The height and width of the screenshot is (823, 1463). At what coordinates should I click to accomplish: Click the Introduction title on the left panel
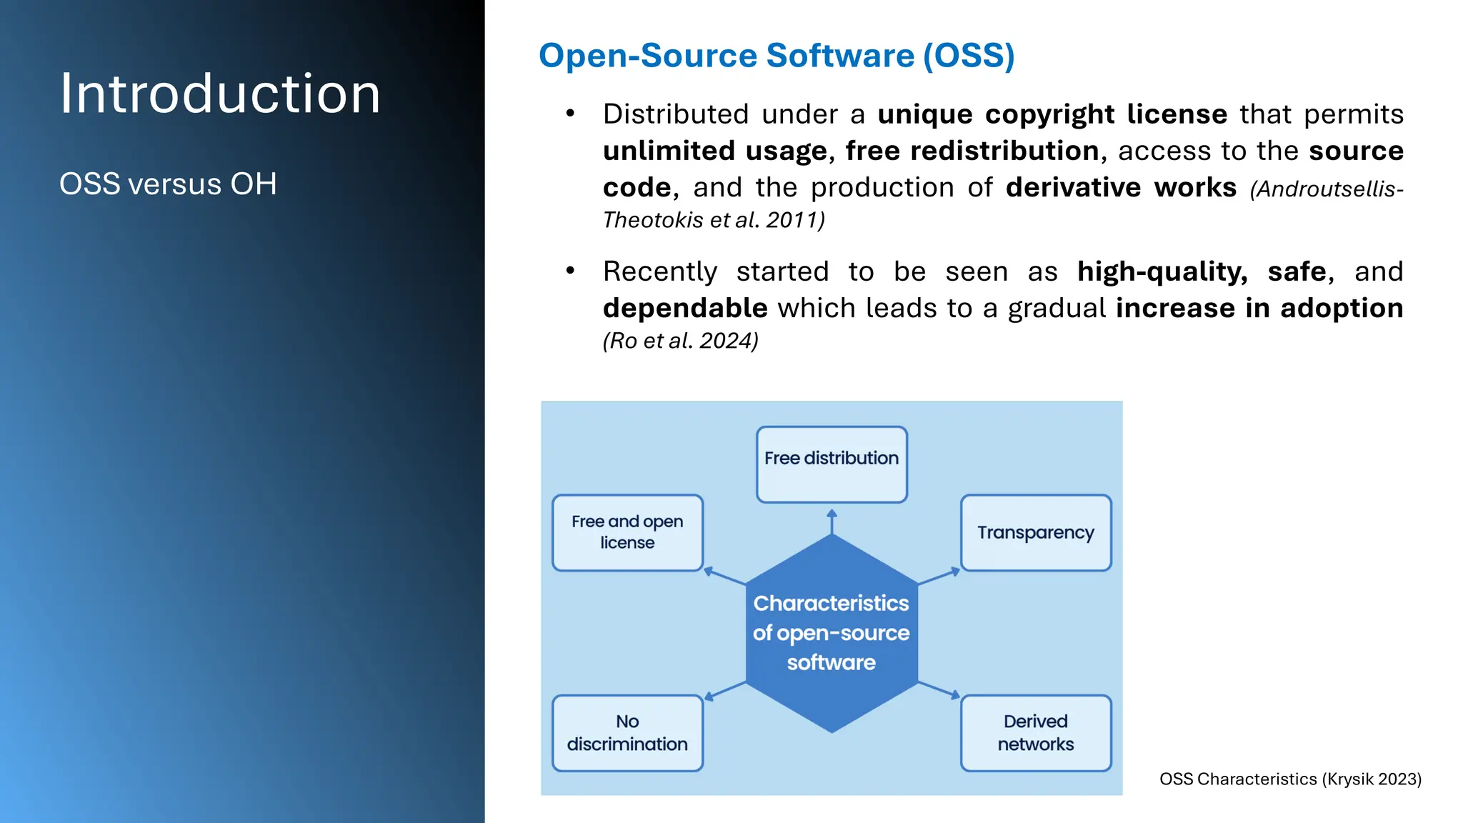click(220, 94)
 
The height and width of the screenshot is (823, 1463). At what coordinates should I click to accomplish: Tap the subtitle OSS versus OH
click(168, 184)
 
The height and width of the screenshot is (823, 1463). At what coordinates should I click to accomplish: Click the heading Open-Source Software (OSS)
click(777, 56)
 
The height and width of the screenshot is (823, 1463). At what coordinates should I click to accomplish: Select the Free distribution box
click(832, 464)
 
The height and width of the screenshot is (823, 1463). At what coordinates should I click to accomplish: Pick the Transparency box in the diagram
click(1036, 533)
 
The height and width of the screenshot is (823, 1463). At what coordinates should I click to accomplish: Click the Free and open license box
click(627, 533)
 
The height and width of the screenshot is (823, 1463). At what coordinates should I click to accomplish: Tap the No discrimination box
click(627, 733)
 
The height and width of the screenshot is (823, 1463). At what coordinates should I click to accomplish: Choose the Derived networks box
click(1036, 733)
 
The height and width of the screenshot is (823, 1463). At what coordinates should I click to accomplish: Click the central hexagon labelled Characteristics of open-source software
click(832, 633)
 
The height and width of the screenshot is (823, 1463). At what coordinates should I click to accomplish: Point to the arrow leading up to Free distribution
click(832, 522)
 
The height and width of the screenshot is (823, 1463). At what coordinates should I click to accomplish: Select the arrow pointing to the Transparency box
click(939, 577)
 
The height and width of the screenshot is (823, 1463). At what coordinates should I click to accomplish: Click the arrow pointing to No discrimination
click(725, 691)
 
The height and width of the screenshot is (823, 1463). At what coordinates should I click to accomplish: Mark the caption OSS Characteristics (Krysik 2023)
click(1290, 779)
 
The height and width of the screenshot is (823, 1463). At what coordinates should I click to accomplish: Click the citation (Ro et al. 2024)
click(680, 341)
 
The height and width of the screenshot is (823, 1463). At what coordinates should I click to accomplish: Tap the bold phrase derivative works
click(1121, 187)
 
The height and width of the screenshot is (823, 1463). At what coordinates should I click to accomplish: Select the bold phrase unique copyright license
click(1052, 114)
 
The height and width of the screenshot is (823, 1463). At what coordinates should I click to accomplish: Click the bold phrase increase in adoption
click(1259, 308)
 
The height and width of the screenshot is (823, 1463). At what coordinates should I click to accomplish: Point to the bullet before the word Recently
click(570, 271)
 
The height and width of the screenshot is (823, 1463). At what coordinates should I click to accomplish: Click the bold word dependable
click(685, 308)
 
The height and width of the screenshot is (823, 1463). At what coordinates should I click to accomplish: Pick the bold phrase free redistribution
click(972, 151)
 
